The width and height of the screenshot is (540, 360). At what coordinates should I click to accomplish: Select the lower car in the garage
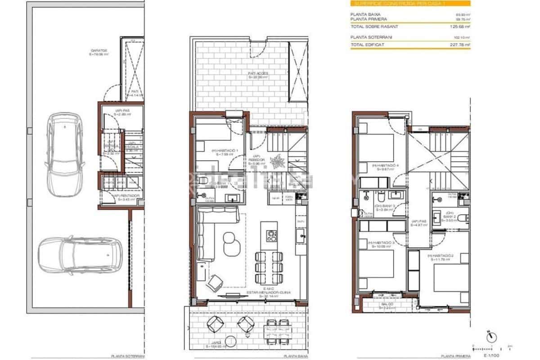click(x=79, y=255)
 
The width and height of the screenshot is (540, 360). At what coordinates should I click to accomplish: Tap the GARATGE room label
click(x=99, y=52)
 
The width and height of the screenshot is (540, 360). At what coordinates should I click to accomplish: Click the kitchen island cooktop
click(x=271, y=235)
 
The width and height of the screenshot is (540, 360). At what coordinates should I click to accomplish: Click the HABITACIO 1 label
click(x=216, y=152)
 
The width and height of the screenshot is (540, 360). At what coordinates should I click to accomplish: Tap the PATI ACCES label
click(x=258, y=75)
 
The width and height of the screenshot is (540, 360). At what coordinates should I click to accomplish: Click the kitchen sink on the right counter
click(x=300, y=234)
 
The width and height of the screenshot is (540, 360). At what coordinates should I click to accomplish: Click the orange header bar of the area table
click(x=410, y=3)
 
